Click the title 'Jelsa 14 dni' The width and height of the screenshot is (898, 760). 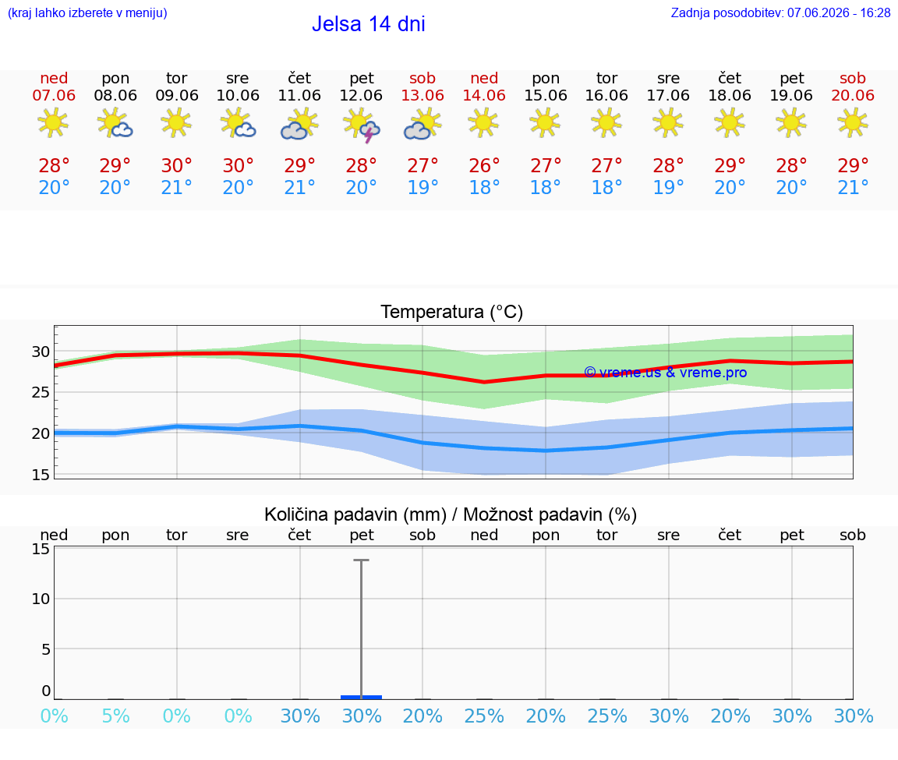coord(368,24)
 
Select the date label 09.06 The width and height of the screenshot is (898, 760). coord(177,95)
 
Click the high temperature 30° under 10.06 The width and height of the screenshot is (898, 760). coord(239,165)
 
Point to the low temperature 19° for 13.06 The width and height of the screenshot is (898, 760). coord(422,187)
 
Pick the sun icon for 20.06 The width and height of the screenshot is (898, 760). coord(853,123)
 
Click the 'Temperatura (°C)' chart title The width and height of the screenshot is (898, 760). coord(452,312)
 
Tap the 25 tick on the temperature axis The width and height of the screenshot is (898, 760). coord(41,392)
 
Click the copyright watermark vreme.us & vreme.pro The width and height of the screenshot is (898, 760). coord(666,373)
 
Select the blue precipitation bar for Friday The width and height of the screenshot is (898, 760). coord(362,697)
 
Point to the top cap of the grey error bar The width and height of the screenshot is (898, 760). coord(362,560)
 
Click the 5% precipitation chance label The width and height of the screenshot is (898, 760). coord(115,716)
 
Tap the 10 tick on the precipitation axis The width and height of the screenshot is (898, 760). coord(41,599)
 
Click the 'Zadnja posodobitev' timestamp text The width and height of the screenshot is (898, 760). coord(780,12)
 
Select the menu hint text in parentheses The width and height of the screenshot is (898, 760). coord(87,12)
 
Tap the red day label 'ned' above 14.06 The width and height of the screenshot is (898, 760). coord(484,78)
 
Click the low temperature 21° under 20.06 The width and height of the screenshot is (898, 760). coord(853,187)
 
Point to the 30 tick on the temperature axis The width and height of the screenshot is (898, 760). coord(41,352)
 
